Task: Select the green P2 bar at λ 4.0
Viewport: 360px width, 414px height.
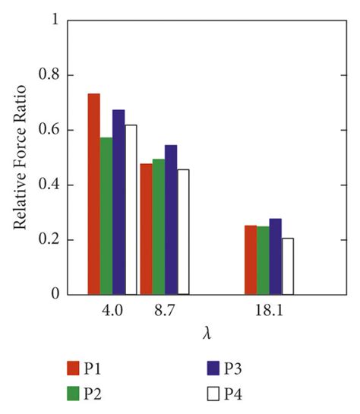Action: [x=106, y=216]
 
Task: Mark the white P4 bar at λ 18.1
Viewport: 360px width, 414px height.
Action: [x=287, y=267]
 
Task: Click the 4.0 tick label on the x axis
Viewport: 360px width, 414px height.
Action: [x=112, y=311]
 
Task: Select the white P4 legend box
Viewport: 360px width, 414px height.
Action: [x=213, y=393]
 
